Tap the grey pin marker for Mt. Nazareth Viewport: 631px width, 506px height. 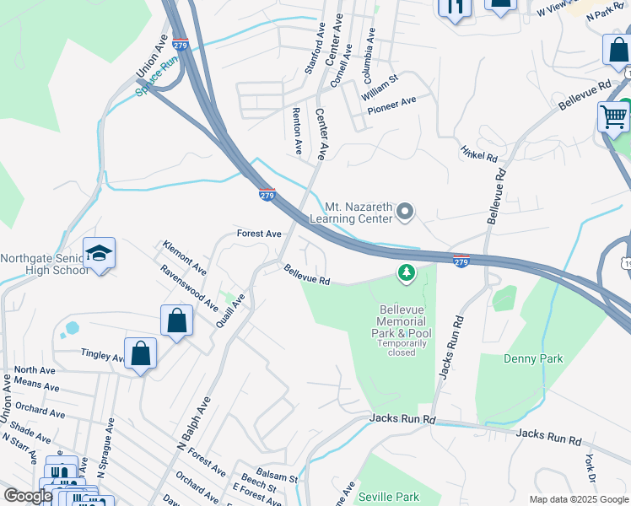405,211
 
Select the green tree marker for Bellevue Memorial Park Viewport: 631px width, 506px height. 407,272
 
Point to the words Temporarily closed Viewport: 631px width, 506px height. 402,347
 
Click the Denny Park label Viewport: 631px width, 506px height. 532,358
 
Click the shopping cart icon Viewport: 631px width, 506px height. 613,116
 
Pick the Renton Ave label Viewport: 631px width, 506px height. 297,130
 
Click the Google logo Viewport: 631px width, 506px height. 28,496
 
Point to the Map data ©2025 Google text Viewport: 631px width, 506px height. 577,499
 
